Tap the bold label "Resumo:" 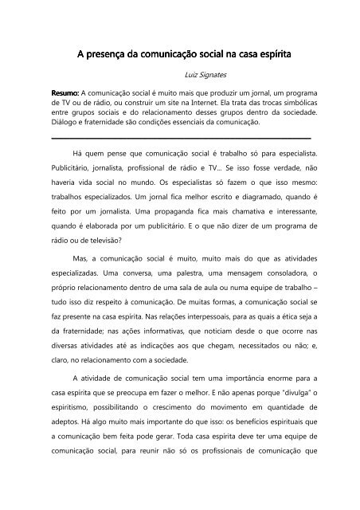(x=65, y=93)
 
